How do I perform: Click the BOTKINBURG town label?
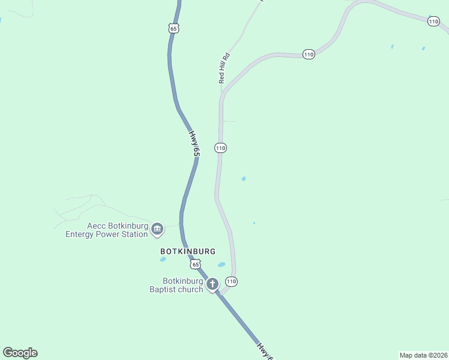(187, 251)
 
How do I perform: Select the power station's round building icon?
(157, 229)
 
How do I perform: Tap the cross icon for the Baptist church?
(212, 284)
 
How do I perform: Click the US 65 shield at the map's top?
(173, 28)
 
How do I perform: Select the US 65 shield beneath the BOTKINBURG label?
(194, 264)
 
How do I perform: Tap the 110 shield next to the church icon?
(231, 281)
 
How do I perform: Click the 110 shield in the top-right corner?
(434, 22)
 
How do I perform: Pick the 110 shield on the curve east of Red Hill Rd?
(309, 55)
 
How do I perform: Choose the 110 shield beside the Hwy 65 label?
(220, 148)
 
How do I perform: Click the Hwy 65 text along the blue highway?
(194, 145)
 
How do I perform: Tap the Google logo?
(20, 353)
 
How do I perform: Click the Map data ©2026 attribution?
(423, 355)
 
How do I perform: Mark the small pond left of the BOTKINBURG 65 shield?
(163, 260)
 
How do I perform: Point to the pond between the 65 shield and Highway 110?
(221, 265)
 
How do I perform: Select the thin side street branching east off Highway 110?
(229, 121)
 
